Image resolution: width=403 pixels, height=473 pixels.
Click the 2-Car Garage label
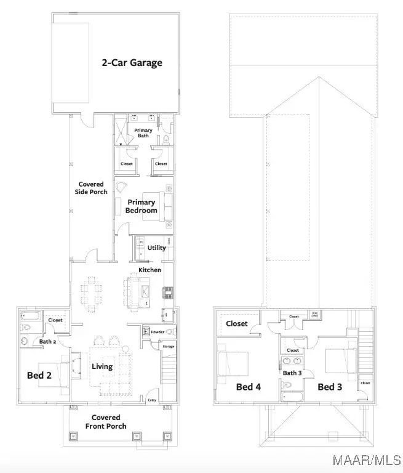pyautogui.click(x=132, y=62)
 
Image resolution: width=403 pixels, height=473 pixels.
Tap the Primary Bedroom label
pyautogui.click(x=142, y=206)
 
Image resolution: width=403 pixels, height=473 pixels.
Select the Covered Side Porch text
pyautogui.click(x=91, y=188)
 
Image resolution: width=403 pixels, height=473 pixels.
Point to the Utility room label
pyautogui.click(x=156, y=248)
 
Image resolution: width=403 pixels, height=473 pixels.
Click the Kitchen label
pyautogui.click(x=150, y=270)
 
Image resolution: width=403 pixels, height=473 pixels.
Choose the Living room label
pyautogui.click(x=102, y=366)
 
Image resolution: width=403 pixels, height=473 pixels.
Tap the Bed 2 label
pyautogui.click(x=39, y=374)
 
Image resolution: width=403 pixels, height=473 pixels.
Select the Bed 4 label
pyautogui.click(x=249, y=387)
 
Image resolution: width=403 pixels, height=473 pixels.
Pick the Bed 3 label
pyautogui.click(x=330, y=387)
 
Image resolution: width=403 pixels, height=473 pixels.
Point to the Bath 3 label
pyautogui.click(x=292, y=373)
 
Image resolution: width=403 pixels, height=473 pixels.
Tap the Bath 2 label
pyautogui.click(x=48, y=341)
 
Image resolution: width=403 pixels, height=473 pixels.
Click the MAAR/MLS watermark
pyautogui.click(x=367, y=459)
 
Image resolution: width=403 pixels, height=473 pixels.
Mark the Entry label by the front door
pyautogui.click(x=152, y=400)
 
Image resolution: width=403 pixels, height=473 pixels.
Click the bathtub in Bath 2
pyautogui.click(x=30, y=318)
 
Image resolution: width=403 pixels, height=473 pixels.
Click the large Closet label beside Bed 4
pyautogui.click(x=237, y=323)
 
